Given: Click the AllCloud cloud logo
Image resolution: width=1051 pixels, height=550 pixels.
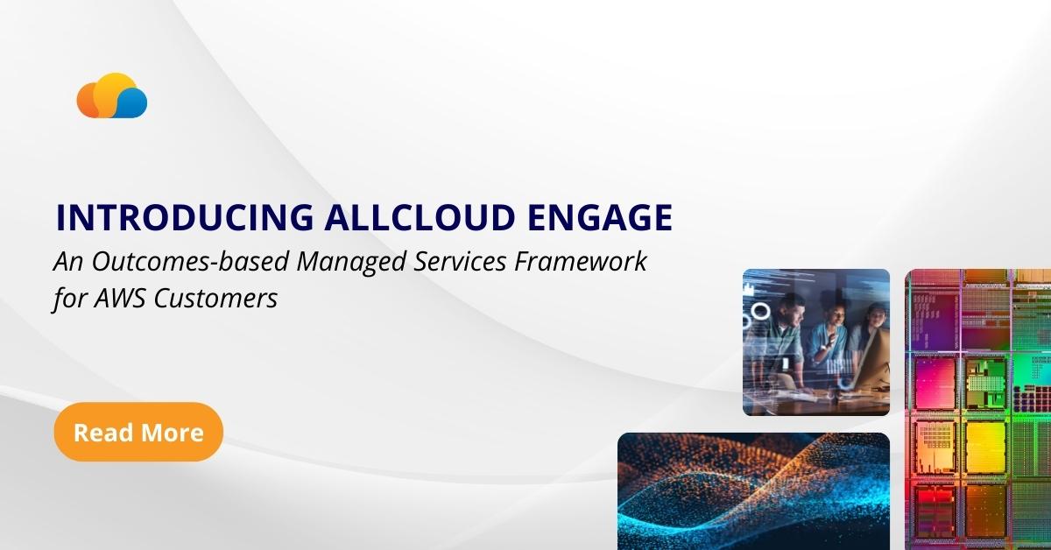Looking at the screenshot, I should tap(111, 96).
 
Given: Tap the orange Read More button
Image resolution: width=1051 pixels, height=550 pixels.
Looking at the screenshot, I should tap(138, 432).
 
